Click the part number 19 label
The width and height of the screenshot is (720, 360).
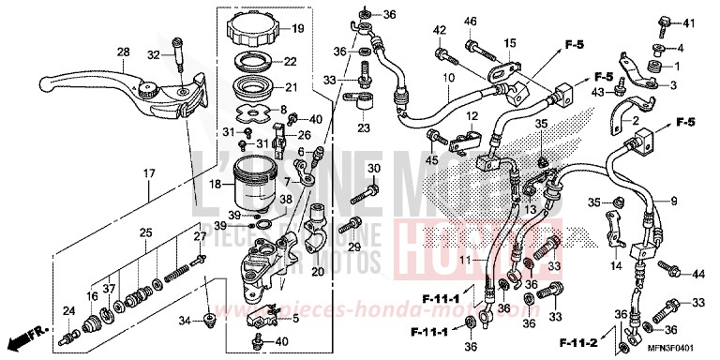tap(298, 29)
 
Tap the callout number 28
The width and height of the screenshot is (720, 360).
tap(122, 52)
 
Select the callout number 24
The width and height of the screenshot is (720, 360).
tap(67, 311)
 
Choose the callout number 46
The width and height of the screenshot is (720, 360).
tap(470, 22)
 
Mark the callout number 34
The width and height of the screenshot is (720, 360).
tap(186, 322)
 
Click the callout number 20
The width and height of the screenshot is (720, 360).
tap(317, 272)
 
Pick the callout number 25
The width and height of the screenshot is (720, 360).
tap(146, 232)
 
